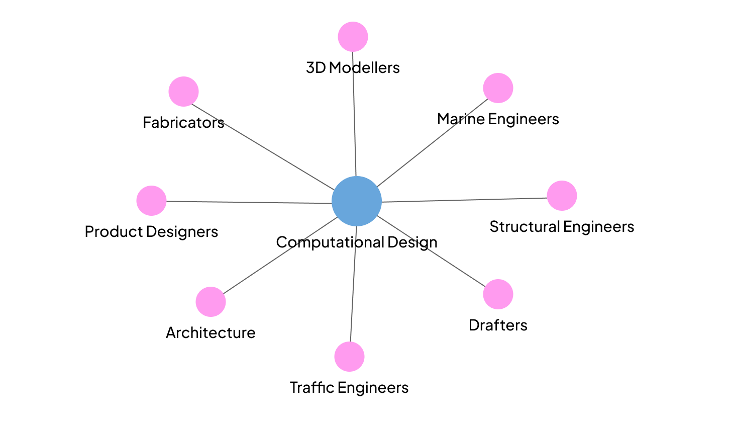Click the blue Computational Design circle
[357, 201]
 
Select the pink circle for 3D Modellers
[353, 37]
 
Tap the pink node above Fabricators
[183, 92]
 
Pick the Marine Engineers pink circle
[498, 88]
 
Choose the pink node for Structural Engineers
[562, 196]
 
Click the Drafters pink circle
[498, 294]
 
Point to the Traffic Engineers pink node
[349, 357]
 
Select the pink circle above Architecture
[211, 302]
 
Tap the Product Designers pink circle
[151, 201]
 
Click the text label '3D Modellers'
[353, 67]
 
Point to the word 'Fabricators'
[183, 122]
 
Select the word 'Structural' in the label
[525, 227]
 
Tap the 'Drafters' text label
[498, 325]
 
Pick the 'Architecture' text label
[211, 333]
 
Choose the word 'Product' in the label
[114, 232]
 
